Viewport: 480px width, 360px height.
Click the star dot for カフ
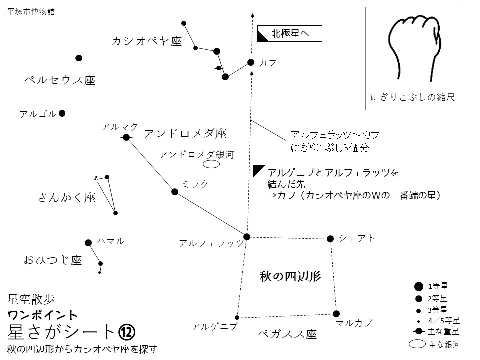coord(251,62)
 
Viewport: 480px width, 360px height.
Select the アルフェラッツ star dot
coord(247,236)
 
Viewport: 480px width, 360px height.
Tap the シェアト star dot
coord(330,239)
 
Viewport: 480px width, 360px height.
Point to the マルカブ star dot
coord(336,314)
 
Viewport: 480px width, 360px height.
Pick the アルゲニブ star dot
coord(237,317)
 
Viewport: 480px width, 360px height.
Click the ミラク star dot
coord(175,192)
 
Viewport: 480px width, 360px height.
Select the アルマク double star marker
coord(126,137)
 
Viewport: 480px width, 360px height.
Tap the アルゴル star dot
coord(62,113)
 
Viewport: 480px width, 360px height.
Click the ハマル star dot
coord(88,243)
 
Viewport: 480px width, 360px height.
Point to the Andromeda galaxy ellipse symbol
coord(212,163)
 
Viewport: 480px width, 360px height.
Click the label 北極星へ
coord(290,34)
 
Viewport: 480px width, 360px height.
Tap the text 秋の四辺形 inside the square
coord(290,276)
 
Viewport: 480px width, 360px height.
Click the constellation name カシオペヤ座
coord(146,41)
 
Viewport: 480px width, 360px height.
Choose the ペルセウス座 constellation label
coord(60,80)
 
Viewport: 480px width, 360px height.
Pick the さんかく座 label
coord(66,198)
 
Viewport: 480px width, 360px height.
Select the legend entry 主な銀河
coord(433,344)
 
